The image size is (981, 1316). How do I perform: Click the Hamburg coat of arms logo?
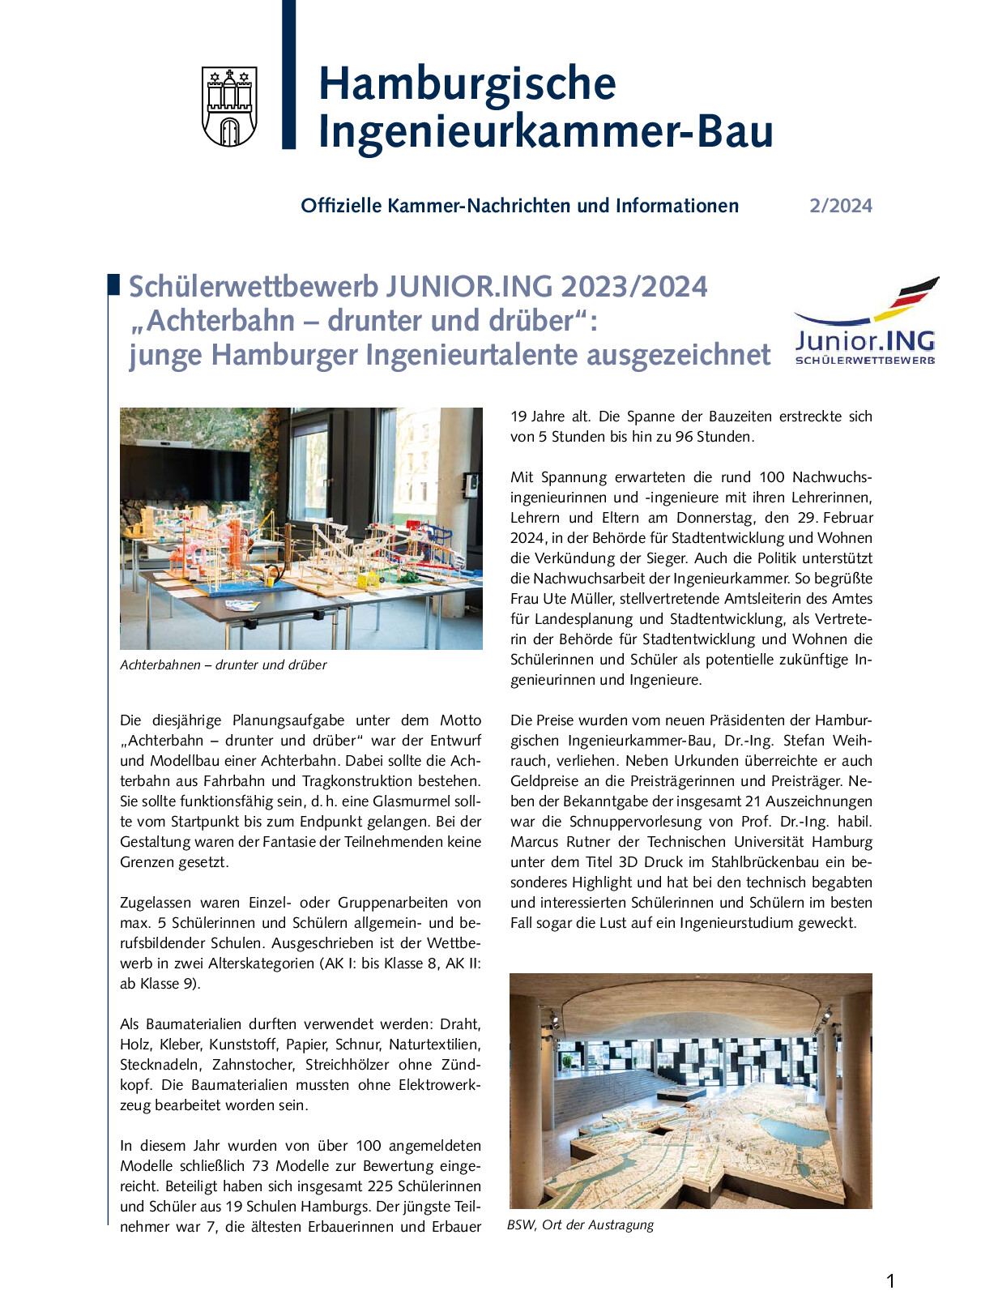[229, 107]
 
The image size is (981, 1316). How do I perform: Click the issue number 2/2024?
[840, 206]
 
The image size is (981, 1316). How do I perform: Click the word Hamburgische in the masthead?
[467, 83]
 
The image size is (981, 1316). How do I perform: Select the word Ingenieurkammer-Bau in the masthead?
[545, 132]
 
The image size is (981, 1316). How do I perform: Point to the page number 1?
[890, 1281]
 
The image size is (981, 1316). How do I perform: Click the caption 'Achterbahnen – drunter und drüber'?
[223, 665]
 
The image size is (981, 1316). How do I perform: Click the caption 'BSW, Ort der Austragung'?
[580, 1225]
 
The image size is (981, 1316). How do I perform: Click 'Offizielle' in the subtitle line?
[341, 206]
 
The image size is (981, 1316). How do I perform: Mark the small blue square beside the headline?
[113, 284]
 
